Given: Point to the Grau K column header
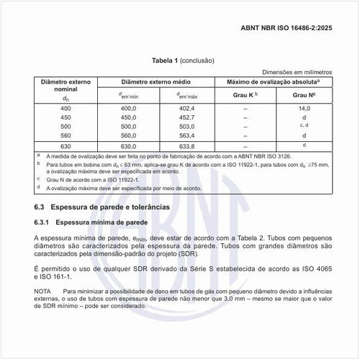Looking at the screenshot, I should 246,95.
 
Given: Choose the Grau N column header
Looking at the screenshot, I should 305,95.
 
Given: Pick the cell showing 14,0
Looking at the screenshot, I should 305,107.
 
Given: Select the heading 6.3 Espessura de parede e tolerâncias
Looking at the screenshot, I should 102,206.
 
